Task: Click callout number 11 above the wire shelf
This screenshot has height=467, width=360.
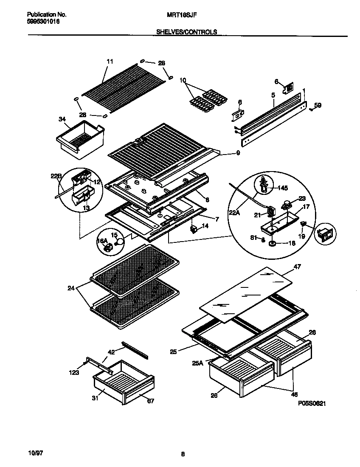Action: pyautogui.click(x=110, y=62)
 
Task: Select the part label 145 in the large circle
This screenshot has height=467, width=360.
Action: pyautogui.click(x=282, y=187)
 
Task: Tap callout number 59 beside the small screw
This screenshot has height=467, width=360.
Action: pyautogui.click(x=318, y=105)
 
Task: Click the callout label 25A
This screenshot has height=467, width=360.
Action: pyautogui.click(x=197, y=363)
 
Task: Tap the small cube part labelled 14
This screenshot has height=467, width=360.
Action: pyautogui.click(x=194, y=230)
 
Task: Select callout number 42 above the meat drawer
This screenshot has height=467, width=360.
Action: pyautogui.click(x=111, y=352)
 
